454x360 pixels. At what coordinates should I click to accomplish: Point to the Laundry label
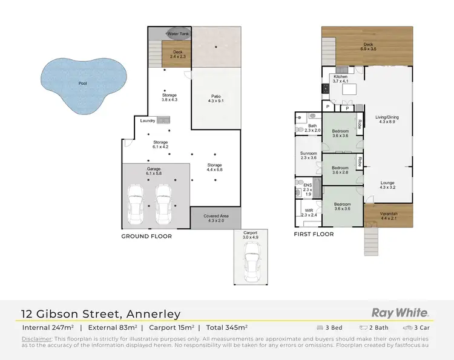[x=148, y=120]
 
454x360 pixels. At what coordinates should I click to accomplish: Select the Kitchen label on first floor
[x=340, y=77]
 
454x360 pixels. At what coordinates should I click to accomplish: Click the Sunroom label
[x=309, y=154]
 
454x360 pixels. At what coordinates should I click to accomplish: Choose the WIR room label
[x=309, y=211]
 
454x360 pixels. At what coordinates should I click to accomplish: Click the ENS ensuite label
[x=308, y=186]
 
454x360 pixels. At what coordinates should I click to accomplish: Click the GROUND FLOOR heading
[x=146, y=237]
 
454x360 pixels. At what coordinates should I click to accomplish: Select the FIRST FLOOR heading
[x=314, y=234]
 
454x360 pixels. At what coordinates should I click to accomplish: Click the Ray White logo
[x=400, y=313]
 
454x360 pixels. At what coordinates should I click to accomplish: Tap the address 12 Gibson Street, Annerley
[x=100, y=314]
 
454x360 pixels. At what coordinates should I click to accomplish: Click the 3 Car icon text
[x=419, y=327]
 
